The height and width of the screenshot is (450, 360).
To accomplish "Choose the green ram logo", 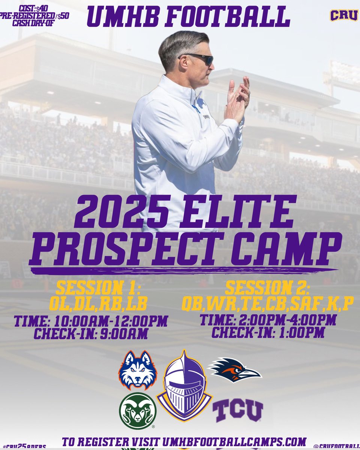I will pos(137,411).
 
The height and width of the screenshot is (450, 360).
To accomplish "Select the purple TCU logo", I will pos(238,411).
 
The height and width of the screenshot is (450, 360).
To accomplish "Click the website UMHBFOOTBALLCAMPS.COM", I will pos(234,441).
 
